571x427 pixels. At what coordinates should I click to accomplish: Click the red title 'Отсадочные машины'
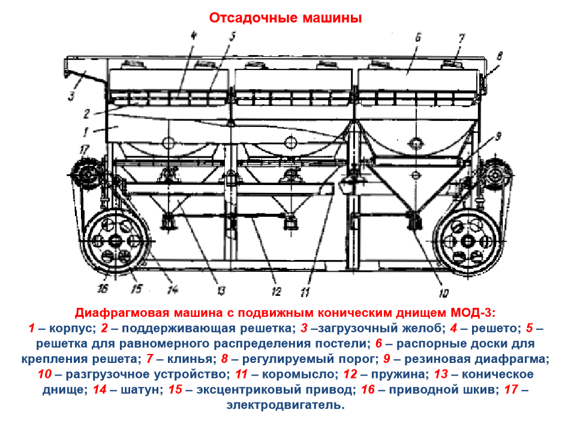(285, 18)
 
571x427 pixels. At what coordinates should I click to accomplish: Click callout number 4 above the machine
(193, 36)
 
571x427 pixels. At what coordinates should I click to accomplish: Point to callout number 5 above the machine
(232, 36)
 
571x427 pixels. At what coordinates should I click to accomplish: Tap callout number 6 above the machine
(417, 37)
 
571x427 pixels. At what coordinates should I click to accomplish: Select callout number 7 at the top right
(461, 38)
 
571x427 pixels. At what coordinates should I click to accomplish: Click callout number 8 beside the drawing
(499, 56)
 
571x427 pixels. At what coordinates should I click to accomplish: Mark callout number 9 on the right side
(498, 136)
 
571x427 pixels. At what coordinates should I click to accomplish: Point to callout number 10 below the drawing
(443, 293)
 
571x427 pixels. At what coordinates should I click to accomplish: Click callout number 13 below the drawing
(221, 290)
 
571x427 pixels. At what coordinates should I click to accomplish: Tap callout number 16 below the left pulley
(103, 289)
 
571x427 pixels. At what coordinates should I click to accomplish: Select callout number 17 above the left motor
(84, 150)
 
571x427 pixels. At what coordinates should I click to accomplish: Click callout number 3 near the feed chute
(71, 96)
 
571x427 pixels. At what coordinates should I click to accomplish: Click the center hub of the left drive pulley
(115, 241)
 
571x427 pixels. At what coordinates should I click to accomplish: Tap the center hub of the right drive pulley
(467, 241)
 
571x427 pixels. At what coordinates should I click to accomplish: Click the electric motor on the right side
(495, 175)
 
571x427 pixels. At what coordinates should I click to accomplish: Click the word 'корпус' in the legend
(72, 328)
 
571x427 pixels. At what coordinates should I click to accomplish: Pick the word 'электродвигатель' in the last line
(285, 405)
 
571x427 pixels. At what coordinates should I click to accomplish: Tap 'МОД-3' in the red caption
(473, 313)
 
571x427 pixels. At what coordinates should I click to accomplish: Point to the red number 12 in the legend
(350, 374)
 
